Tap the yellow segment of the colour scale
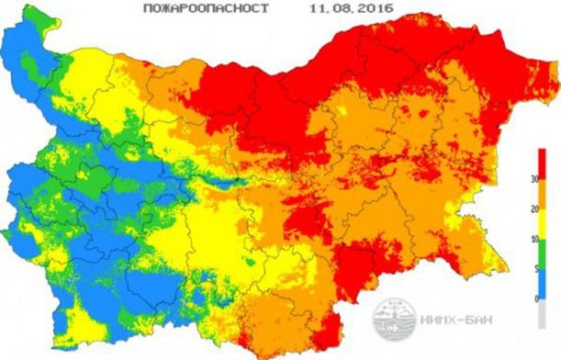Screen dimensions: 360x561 tap(542, 225)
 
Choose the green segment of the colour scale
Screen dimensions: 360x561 tap(542, 254)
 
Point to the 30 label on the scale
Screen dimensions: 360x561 tap(554, 180)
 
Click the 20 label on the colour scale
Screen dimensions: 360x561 tap(554, 210)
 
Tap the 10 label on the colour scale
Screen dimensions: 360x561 tap(554, 240)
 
